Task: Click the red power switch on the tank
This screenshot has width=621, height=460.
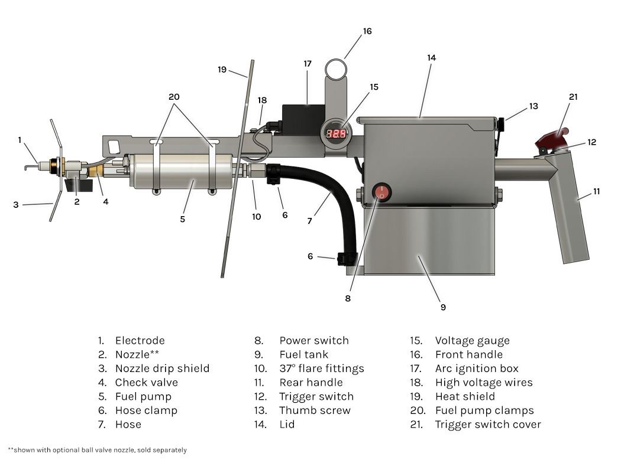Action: [381, 192]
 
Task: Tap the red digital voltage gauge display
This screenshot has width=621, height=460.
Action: [337, 133]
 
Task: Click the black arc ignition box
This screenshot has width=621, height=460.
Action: [303, 119]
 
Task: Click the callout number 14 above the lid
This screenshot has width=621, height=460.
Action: [431, 57]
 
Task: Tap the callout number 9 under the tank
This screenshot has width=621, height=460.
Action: [443, 307]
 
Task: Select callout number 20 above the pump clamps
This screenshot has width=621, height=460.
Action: [174, 97]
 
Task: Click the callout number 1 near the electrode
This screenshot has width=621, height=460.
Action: [20, 140]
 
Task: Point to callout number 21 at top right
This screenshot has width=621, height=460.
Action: [573, 97]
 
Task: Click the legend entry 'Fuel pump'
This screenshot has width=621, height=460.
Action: [143, 396]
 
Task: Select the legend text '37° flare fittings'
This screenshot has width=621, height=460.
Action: [321, 368]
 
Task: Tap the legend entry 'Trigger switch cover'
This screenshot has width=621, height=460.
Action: [487, 424]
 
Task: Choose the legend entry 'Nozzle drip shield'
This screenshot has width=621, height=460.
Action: [162, 368]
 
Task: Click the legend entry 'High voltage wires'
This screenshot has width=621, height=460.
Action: [483, 382]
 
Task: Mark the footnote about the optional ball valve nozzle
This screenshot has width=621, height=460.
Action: [98, 450]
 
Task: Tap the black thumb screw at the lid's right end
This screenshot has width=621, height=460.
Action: [500, 125]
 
